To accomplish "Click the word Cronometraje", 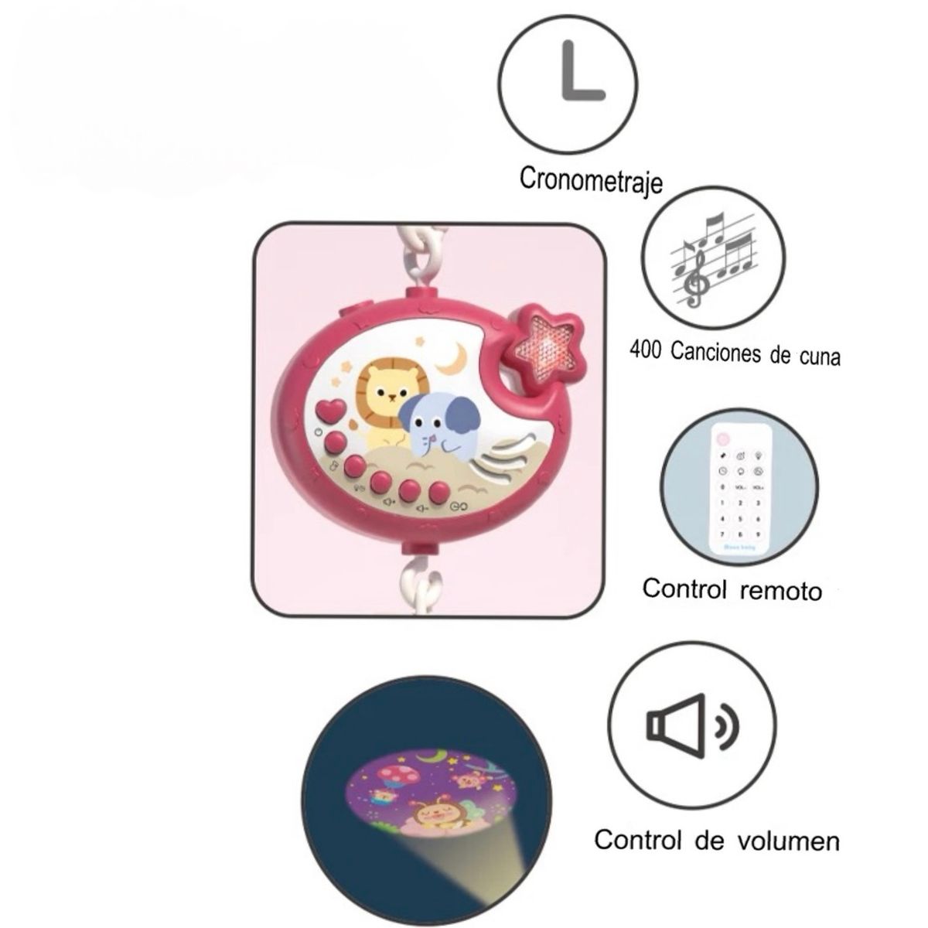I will [591, 180].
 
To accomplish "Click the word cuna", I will [816, 357].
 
